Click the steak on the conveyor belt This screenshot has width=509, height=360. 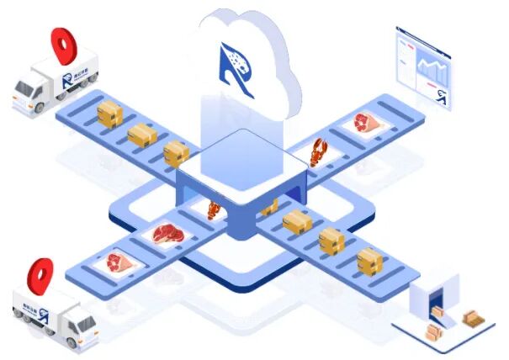(167, 233)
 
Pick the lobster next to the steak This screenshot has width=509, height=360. (215, 209)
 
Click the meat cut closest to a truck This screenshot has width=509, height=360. (117, 262)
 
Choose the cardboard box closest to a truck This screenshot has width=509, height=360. (110, 114)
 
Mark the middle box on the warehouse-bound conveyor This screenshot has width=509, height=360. (331, 241)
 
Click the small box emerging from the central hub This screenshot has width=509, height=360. (269, 206)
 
